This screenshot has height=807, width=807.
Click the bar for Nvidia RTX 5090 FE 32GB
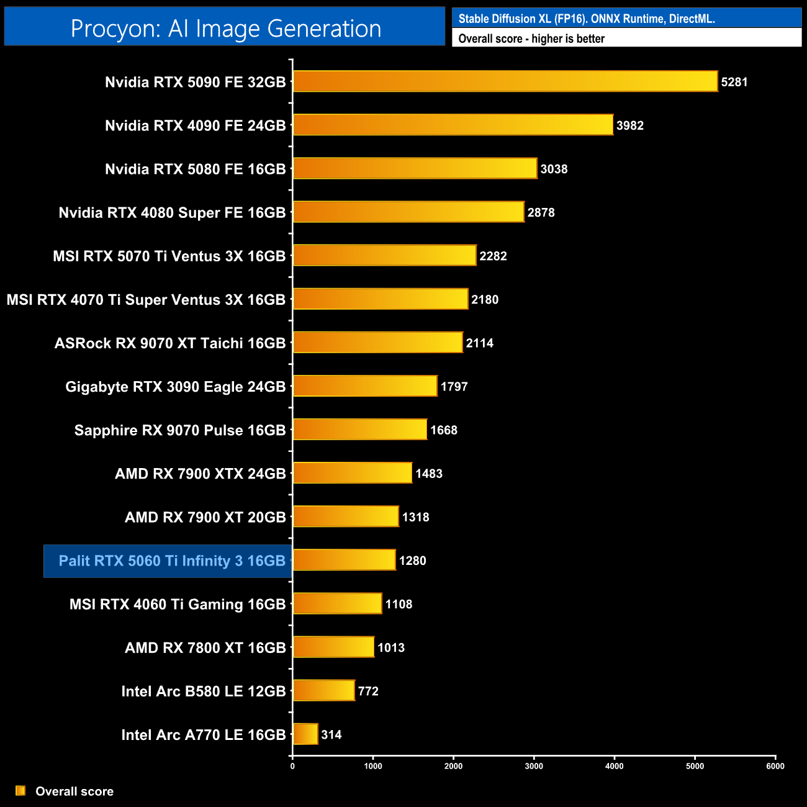505,81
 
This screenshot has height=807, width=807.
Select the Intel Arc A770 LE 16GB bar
305,734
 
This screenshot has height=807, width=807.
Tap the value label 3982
629,125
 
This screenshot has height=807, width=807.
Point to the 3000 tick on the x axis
534,766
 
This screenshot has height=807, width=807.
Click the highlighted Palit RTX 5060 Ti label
171,561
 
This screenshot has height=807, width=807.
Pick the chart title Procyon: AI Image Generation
225,29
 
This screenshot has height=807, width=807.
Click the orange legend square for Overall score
20,791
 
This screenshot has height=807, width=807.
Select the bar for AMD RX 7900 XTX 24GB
352,473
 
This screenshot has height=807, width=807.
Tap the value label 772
368,691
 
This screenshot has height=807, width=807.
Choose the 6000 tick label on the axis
775,766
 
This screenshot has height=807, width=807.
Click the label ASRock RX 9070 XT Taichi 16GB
170,343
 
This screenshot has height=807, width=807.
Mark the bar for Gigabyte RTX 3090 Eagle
365,386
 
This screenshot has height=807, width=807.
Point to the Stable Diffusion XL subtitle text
586,19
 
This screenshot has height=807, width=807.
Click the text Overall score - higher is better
531,38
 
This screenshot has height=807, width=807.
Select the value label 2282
493,256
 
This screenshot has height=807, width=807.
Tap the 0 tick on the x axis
292,766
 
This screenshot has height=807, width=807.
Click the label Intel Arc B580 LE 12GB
203,691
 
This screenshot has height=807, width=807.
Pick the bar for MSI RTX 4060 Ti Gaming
337,603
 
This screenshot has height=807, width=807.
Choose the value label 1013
391,647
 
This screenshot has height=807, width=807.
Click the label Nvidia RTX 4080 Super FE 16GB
172,213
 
